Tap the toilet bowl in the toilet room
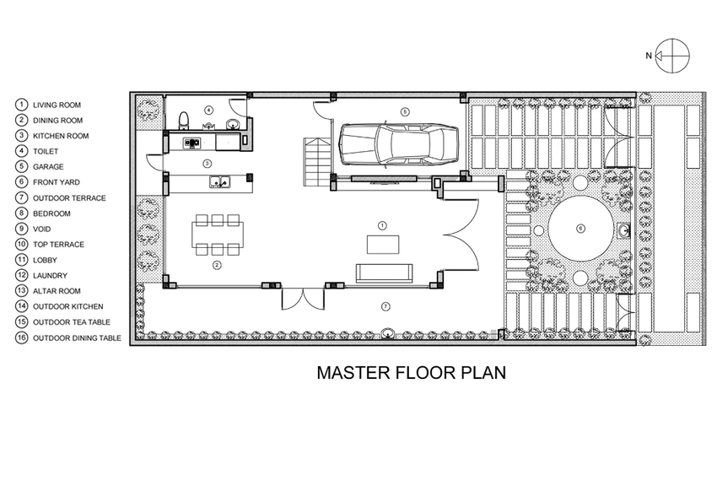[x=184, y=121]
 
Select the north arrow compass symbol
[x=671, y=56]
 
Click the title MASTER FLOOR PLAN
[x=412, y=373]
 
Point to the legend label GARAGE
[x=48, y=167]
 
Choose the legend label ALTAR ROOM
[x=57, y=291]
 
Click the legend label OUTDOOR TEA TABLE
[x=72, y=321]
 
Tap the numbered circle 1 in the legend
[x=21, y=105]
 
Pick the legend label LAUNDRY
[x=50, y=275]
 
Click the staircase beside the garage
[x=317, y=161]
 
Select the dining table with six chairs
[x=218, y=235]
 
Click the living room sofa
[x=384, y=273]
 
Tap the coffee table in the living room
[x=383, y=244]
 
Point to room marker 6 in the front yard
[x=580, y=228]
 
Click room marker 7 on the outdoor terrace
[x=385, y=307]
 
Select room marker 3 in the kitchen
[x=208, y=163]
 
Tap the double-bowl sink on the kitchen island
[x=220, y=182]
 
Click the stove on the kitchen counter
[x=192, y=143]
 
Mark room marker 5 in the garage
[x=404, y=111]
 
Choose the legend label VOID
[x=41, y=229]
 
